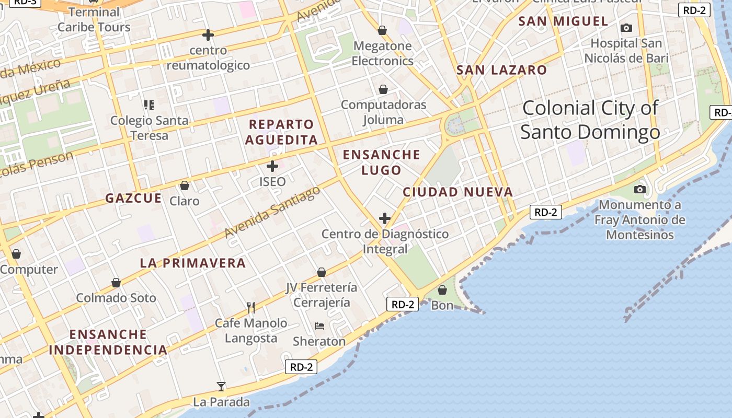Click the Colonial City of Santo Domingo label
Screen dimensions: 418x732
(x=590, y=120)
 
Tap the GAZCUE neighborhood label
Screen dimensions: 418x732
(x=134, y=199)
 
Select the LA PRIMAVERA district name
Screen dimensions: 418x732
(x=192, y=263)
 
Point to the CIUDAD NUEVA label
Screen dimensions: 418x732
(x=458, y=192)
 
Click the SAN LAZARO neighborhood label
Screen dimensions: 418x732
(x=501, y=70)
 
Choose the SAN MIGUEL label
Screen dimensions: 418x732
(x=564, y=21)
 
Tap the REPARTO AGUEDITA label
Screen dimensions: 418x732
(x=281, y=132)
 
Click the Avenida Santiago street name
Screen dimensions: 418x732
(x=272, y=212)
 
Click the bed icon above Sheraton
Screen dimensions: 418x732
(x=319, y=326)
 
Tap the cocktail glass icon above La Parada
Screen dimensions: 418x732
(x=221, y=387)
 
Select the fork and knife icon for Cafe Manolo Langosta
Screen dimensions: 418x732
(x=251, y=307)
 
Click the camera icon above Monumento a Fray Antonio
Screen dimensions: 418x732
(x=639, y=189)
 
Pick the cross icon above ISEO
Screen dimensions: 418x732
(x=272, y=167)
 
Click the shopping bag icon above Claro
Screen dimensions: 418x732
(x=184, y=185)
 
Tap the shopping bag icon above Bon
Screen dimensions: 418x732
(x=442, y=290)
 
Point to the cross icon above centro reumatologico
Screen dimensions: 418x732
(x=208, y=35)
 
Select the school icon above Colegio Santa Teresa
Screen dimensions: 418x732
(x=149, y=105)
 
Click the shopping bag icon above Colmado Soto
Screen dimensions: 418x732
(x=116, y=283)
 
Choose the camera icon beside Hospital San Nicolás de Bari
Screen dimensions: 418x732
(x=626, y=28)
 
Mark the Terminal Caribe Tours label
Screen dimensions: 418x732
(x=94, y=19)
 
